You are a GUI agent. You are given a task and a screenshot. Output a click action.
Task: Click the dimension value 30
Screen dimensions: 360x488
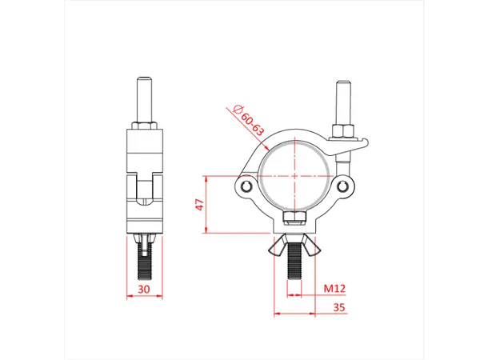[x=144, y=290]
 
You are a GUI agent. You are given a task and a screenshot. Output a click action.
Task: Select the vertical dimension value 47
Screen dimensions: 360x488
[x=199, y=206]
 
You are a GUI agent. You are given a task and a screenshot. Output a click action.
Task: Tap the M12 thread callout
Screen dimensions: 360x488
[x=333, y=288]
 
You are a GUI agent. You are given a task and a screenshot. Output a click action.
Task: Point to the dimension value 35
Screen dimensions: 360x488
[x=338, y=306]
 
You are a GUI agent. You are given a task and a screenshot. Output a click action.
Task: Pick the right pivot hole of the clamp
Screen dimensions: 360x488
[x=346, y=187]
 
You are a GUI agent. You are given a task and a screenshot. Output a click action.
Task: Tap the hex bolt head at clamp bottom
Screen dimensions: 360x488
[x=294, y=218]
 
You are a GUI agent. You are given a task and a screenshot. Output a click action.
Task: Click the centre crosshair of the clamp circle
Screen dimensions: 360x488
[x=294, y=175]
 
